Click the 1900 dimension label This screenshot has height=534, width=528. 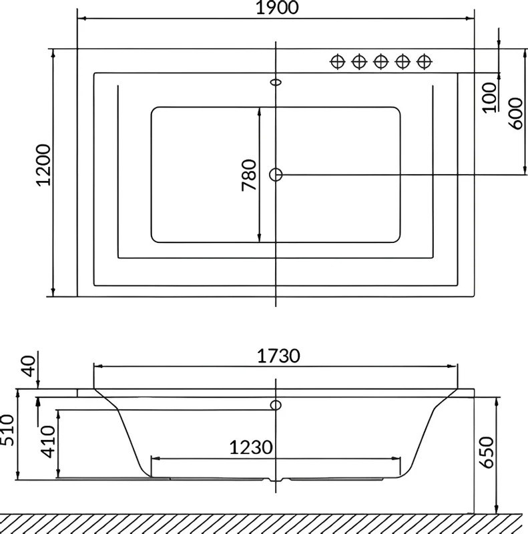click(277, 7)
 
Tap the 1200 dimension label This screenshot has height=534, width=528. click(44, 165)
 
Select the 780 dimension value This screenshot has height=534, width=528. click(249, 175)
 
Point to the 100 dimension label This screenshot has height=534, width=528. click(489, 97)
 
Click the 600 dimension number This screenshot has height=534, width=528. click(515, 113)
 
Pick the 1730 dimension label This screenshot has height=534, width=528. click(278, 356)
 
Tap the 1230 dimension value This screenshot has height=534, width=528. click(251, 447)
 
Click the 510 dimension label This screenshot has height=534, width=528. click(7, 430)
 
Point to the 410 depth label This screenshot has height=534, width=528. click(47, 441)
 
